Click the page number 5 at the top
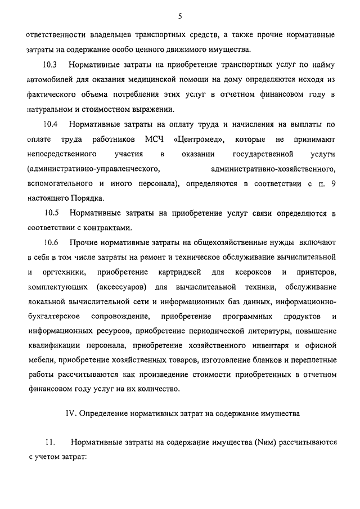180,16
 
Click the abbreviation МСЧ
154,138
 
